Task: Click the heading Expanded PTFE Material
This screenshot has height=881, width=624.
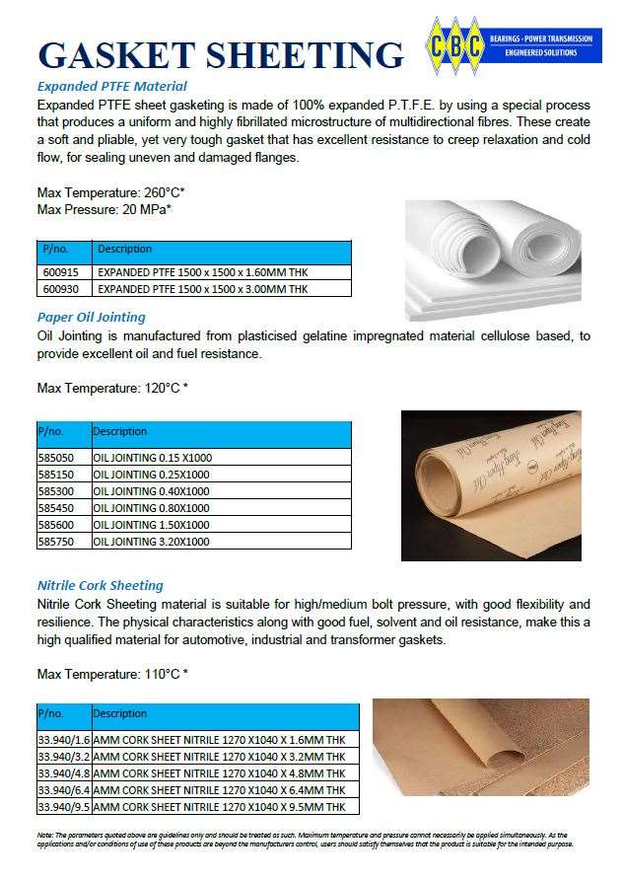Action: point(111,86)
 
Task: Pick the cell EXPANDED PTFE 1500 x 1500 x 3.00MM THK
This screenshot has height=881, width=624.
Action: point(202,289)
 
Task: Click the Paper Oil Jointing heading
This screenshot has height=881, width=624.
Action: point(91,317)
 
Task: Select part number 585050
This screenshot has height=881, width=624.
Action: point(55,458)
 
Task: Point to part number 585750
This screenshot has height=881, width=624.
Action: point(55,542)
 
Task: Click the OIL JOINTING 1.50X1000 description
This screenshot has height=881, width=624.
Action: point(152,525)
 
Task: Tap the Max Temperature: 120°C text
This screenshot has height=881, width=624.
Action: point(111,388)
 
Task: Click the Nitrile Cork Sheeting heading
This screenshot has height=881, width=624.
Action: point(100,585)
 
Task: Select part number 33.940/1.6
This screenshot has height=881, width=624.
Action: point(63,740)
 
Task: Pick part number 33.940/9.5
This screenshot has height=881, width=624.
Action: point(63,807)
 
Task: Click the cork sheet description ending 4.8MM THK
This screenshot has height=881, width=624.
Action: point(219,773)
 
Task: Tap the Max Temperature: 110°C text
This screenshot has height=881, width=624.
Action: point(111,675)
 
